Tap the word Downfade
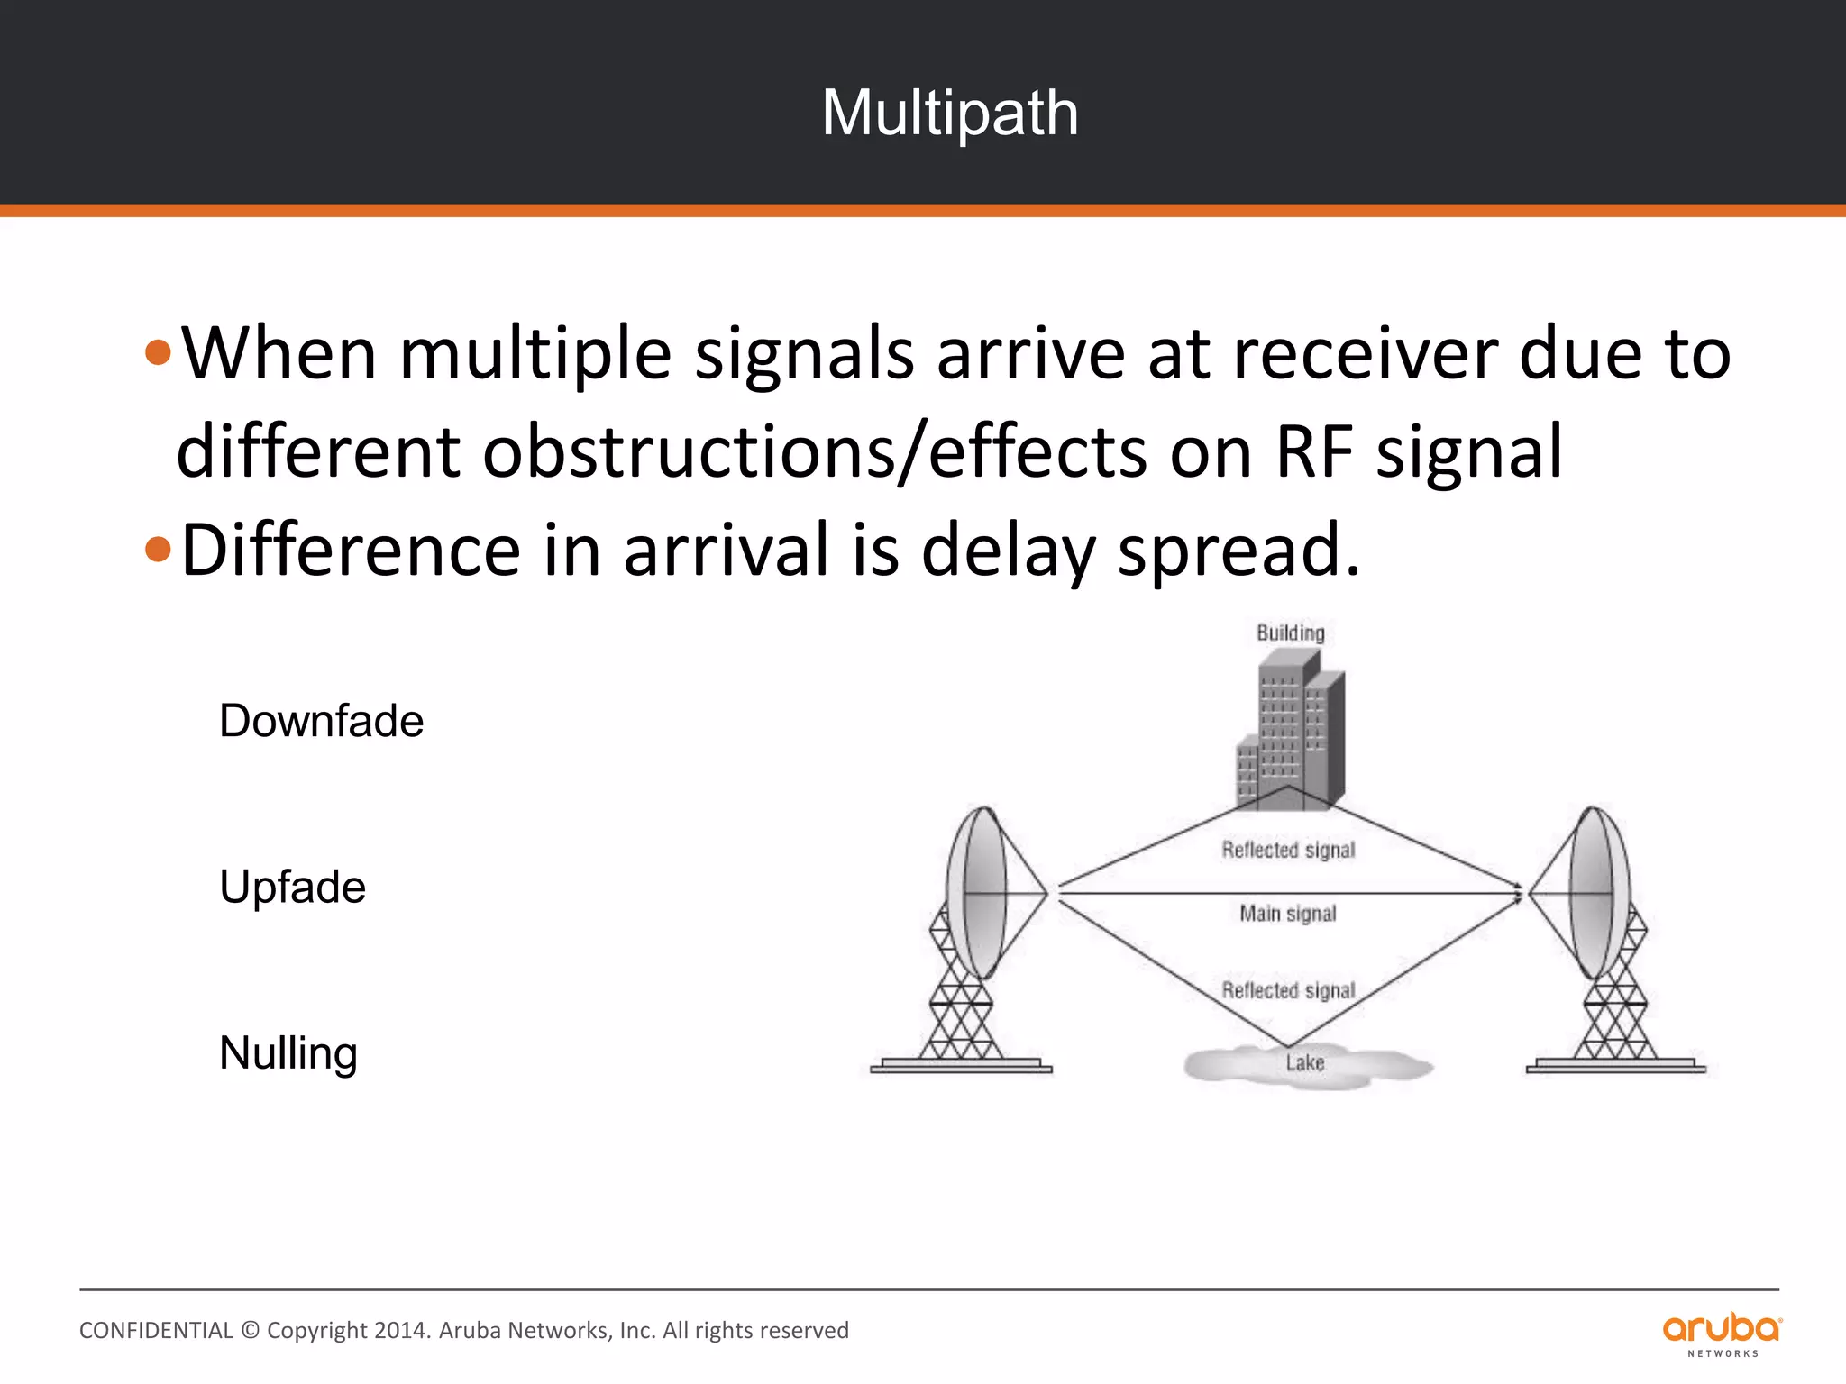pyautogui.click(x=321, y=721)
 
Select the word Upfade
pyautogui.click(x=292, y=887)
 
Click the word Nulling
pyautogui.click(x=288, y=1052)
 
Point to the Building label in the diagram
pyautogui.click(x=1291, y=633)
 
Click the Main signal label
pyautogui.click(x=1287, y=914)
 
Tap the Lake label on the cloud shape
pyautogui.click(x=1305, y=1063)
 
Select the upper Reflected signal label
pyautogui.click(x=1288, y=850)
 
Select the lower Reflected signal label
pyautogui.click(x=1288, y=990)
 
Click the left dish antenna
pyautogui.click(x=982, y=892)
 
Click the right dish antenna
pyautogui.click(x=1594, y=892)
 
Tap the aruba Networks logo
pyautogui.click(x=1722, y=1334)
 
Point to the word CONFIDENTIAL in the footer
pyautogui.click(x=156, y=1331)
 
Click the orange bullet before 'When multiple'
pyautogui.click(x=158, y=352)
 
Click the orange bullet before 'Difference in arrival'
pyautogui.click(x=158, y=549)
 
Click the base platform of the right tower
pyautogui.click(x=1615, y=1067)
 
